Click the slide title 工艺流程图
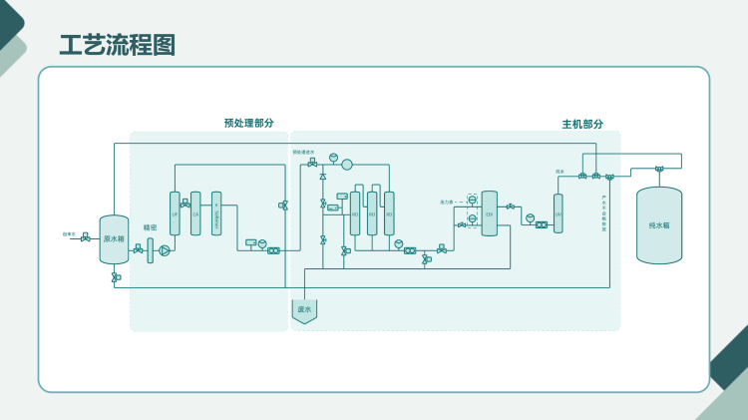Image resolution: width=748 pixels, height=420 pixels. (118, 45)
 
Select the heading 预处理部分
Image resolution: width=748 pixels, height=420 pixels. (249, 124)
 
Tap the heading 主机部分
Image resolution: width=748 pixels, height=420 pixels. (582, 124)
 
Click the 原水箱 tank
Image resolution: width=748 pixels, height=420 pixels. (114, 239)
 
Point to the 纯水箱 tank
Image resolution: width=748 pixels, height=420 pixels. (659, 225)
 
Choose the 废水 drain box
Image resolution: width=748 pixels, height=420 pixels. (304, 310)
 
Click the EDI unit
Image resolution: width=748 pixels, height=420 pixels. (489, 213)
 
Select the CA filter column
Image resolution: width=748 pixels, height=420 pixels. (195, 213)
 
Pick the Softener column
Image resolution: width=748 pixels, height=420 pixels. (216, 213)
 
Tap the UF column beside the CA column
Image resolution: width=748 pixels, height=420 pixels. (175, 213)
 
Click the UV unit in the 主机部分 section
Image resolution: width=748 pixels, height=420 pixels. (558, 213)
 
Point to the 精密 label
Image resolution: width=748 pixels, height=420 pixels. (150, 227)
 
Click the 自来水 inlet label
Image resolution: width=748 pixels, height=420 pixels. (69, 234)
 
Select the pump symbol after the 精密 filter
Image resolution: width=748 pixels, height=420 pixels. (165, 249)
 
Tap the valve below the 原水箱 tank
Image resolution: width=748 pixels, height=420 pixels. (116, 276)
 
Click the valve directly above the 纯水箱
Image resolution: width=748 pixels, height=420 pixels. (659, 168)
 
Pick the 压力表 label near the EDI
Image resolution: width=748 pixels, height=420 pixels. (447, 202)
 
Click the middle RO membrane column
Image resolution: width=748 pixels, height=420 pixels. (372, 213)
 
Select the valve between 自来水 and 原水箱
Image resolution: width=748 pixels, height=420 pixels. (85, 238)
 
